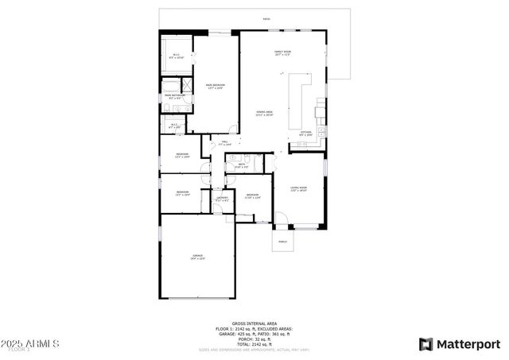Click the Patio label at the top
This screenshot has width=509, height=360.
coord(266,18)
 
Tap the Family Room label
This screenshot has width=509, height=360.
coord(282,53)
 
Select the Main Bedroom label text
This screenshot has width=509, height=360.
coord(213,87)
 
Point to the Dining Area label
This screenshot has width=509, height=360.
coord(265,114)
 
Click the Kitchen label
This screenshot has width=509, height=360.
coord(305,133)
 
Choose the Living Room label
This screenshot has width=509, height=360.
coord(298,189)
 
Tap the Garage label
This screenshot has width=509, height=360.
coord(196,257)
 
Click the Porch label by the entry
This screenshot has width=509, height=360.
coord(283,240)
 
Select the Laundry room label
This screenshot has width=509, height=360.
coord(223,199)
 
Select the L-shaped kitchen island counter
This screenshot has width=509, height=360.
coord(301,91)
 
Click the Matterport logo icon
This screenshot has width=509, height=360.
coord(426,344)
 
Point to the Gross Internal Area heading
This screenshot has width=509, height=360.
coord(254,323)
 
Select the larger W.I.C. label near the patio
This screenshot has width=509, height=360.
coord(177,56)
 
